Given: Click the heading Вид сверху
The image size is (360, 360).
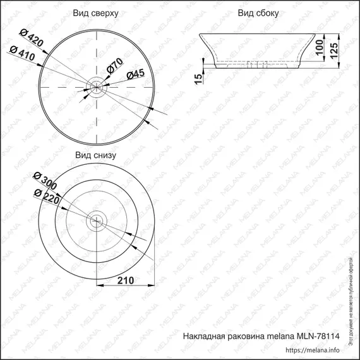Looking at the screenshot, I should coord(95,13).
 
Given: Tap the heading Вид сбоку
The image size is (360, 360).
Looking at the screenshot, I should coord(260,13).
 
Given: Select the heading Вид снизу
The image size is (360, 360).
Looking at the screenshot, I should coord(95,154).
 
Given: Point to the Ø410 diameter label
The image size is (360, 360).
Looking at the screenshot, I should coord(21,53).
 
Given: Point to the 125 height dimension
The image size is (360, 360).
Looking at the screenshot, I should coord(340,49).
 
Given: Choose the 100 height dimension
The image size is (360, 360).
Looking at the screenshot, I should coord(320,47).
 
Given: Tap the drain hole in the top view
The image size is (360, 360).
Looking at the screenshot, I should coord(95,86).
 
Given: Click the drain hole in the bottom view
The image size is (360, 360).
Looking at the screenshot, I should coord(95,220).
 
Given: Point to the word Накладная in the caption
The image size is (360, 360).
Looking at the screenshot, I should coord(205,337).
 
